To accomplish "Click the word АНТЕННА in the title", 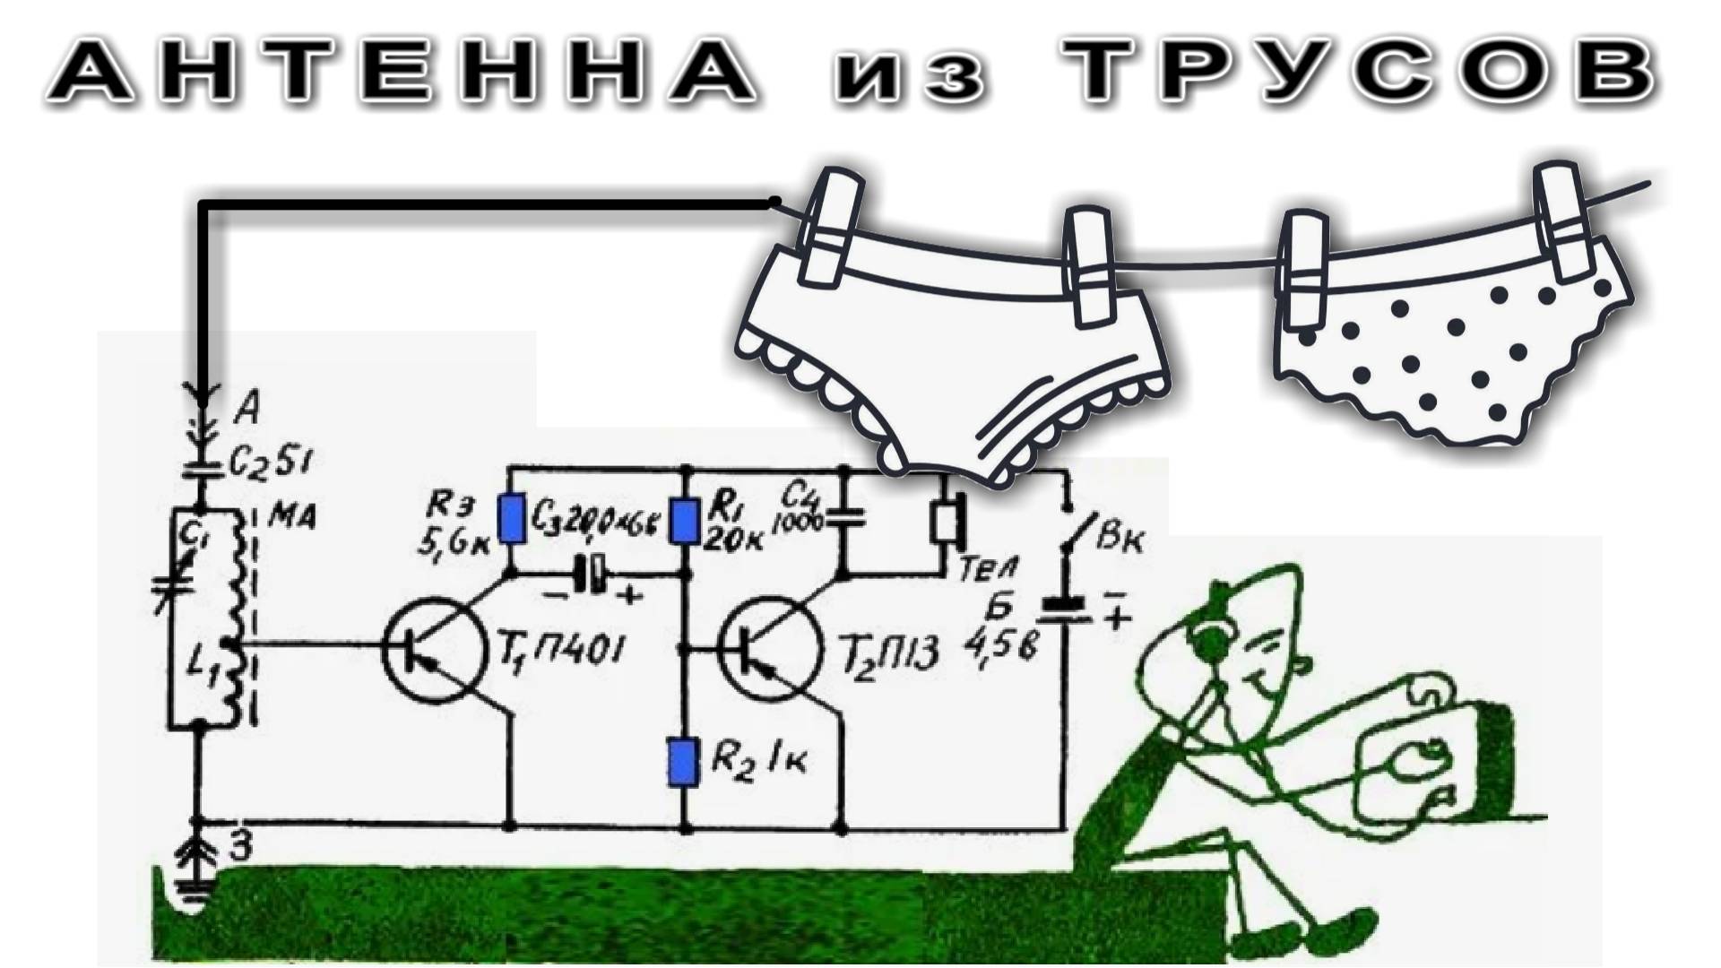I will [403, 72].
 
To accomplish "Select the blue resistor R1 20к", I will [685, 520].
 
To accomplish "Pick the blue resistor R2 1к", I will [683, 762].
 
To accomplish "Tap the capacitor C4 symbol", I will [843, 515].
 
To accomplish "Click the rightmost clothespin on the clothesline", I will [1564, 220].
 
